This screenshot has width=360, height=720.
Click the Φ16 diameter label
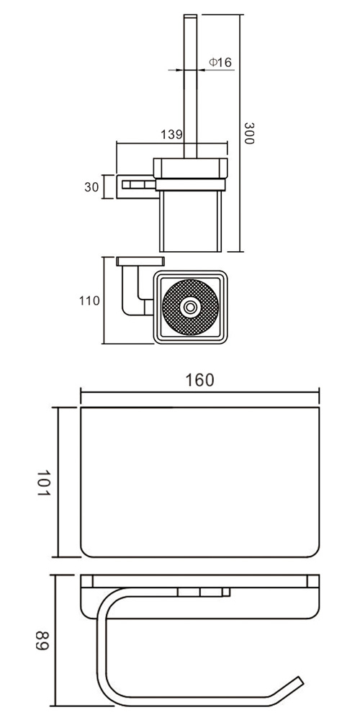point(220,63)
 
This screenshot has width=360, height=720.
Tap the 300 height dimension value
point(248,133)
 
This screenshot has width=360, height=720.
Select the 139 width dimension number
point(172,135)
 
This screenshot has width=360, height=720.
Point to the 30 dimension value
point(92,187)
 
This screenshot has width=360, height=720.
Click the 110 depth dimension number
point(89,301)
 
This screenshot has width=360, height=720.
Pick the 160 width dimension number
point(199,380)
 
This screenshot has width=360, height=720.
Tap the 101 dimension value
point(42,482)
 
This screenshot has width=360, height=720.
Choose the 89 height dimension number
point(42,641)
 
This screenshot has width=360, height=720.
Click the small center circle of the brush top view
point(190,307)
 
